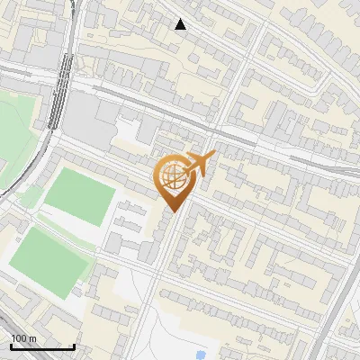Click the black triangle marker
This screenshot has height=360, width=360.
click(x=181, y=24)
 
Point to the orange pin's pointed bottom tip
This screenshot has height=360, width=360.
click(x=172, y=212)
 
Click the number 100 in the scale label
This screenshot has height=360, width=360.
click(x=20, y=338)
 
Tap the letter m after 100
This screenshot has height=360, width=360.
click(x=32, y=338)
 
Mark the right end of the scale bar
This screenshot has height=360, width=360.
click(x=74, y=346)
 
